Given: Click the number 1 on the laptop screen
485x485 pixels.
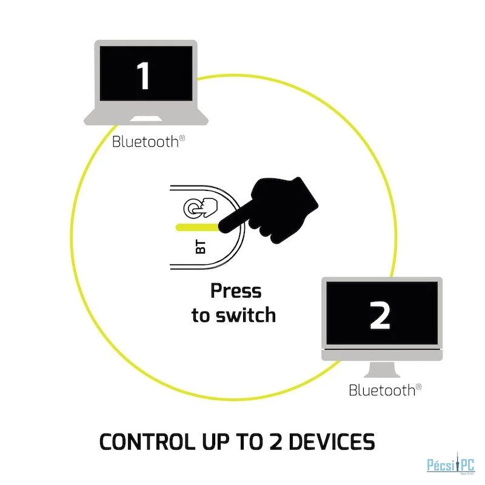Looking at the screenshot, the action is [144, 76].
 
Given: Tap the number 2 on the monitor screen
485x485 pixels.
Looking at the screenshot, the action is [380, 315].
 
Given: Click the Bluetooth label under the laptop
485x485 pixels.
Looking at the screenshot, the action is [145, 142].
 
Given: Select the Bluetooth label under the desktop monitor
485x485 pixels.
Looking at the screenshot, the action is [382, 390].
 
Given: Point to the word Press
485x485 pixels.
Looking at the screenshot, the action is [236, 291].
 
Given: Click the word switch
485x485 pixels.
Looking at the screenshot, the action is [246, 315].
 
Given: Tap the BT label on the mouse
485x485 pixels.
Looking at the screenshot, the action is [201, 247].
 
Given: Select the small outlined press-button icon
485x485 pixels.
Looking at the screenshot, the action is [201, 208].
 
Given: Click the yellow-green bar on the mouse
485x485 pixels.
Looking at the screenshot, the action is [198, 228].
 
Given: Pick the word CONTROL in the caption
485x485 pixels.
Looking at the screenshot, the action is [147, 441].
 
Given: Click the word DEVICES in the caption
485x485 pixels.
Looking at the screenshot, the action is [332, 441].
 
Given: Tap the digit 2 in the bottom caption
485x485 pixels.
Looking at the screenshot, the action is [276, 441].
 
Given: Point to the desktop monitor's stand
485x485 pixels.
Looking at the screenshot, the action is [382, 370].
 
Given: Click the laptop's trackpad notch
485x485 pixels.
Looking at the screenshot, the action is [145, 119].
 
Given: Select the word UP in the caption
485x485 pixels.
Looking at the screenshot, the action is [216, 441].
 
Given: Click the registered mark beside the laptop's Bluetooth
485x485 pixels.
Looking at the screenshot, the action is [182, 138].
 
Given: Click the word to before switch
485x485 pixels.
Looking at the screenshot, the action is [201, 315].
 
